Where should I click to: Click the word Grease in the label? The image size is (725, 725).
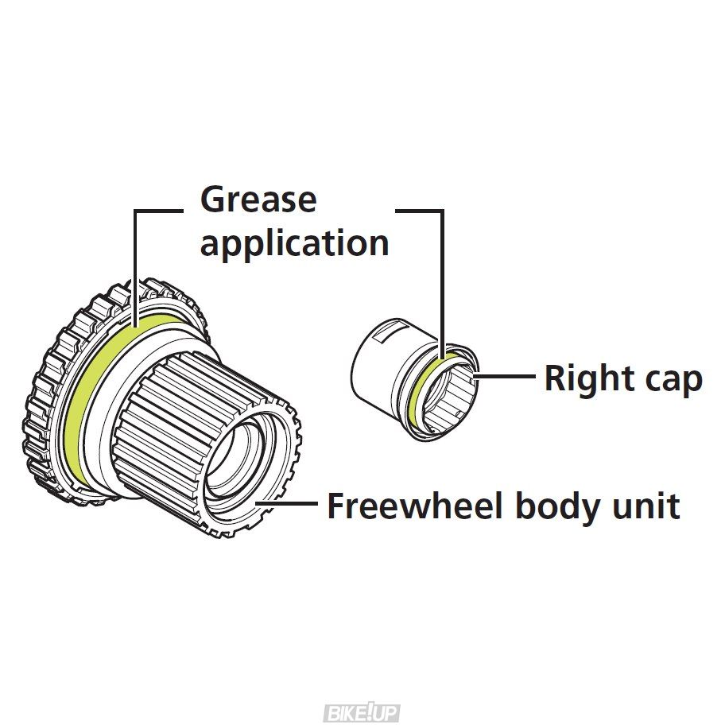pyautogui.click(x=258, y=200)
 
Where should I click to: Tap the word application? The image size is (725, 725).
pyautogui.click(x=294, y=242)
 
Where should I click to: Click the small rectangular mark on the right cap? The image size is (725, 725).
pyautogui.click(x=380, y=335)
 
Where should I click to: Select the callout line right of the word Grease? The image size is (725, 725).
pyautogui.click(x=421, y=211)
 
